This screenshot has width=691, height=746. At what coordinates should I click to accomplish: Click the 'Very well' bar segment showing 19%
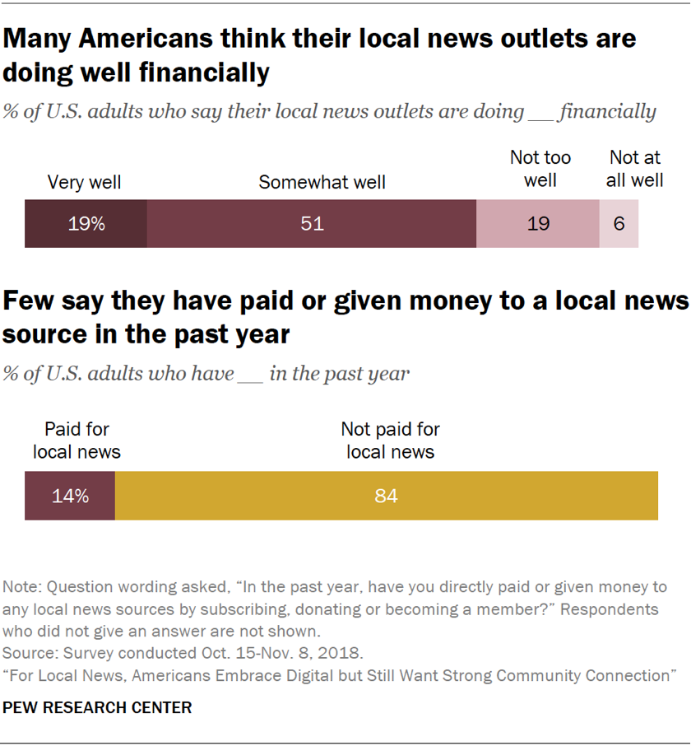(x=86, y=223)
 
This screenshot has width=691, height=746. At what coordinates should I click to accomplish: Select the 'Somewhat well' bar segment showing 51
(x=312, y=223)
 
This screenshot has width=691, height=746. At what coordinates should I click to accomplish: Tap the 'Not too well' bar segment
(x=538, y=223)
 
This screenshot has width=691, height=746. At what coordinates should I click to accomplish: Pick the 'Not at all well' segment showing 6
(x=619, y=223)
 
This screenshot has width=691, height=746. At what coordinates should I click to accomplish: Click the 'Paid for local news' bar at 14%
(x=70, y=496)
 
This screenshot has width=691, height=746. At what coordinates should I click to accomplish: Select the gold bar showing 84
(x=387, y=496)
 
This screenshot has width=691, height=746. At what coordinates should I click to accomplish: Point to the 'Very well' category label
(x=84, y=182)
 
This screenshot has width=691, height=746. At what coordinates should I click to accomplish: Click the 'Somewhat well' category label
(x=322, y=182)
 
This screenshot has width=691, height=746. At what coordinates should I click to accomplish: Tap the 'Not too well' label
(x=540, y=168)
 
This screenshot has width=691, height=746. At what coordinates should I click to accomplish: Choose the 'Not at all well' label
(x=635, y=168)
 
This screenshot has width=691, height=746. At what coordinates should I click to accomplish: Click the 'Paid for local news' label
(x=77, y=441)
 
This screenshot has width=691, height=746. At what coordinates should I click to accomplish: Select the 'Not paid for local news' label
(x=391, y=441)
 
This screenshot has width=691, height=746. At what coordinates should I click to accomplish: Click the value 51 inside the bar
(x=312, y=223)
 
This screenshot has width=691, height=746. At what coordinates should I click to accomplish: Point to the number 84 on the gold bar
(x=386, y=496)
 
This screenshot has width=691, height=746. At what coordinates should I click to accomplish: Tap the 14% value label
(x=69, y=496)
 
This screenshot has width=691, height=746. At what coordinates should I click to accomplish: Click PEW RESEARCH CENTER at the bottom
(x=98, y=707)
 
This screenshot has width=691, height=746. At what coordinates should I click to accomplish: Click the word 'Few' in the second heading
(x=30, y=302)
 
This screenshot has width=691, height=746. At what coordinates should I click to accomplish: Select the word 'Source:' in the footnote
(x=28, y=654)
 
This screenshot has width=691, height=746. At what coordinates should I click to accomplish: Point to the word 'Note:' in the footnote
(x=22, y=587)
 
